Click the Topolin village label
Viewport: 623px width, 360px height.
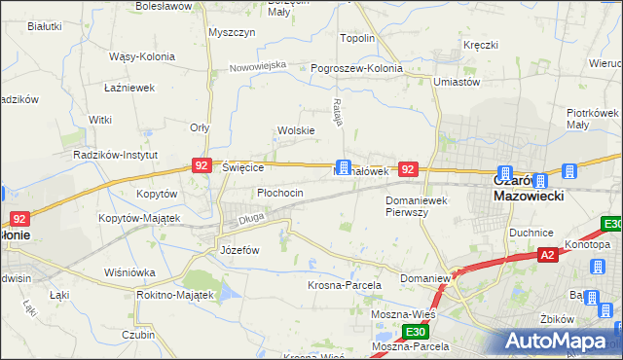tap(357, 38)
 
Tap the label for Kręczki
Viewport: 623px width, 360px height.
tap(481, 46)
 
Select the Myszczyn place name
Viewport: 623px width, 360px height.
tap(232, 31)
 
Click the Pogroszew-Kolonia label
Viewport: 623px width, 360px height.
tap(356, 69)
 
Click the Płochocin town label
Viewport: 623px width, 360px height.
tap(280, 193)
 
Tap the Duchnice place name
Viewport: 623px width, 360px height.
tap(531, 234)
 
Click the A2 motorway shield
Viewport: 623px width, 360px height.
tap(548, 255)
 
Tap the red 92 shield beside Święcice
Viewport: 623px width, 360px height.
tap(202, 166)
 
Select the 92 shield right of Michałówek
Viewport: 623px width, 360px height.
tap(409, 169)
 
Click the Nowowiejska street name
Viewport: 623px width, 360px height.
tap(258, 66)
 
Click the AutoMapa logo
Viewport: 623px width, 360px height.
tap(560, 342)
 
